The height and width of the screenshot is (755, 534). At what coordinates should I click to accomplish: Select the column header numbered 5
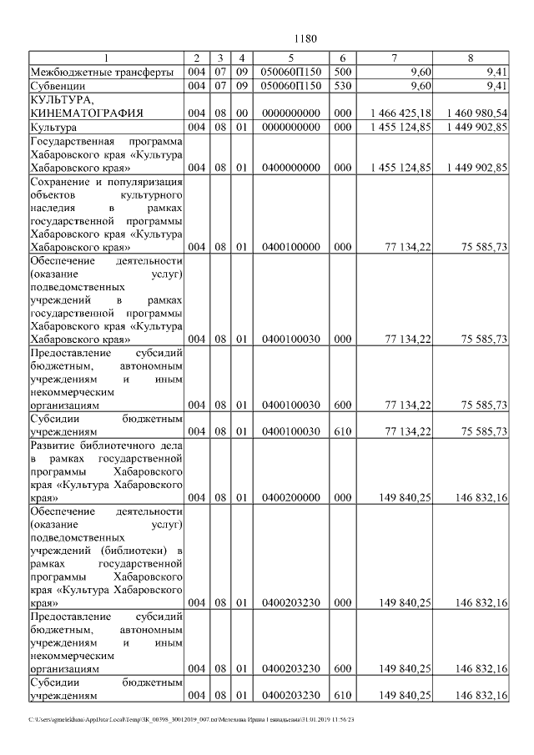tap(290, 58)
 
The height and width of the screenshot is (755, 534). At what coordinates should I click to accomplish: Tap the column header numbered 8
tap(471, 58)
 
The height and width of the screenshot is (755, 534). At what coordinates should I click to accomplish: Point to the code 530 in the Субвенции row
tap(343, 86)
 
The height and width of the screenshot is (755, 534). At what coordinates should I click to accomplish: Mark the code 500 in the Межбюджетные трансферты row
tap(343, 72)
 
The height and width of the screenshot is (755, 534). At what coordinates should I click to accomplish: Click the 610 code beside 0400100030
tap(343, 431)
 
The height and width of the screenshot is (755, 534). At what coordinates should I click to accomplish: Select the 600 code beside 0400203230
tap(343, 668)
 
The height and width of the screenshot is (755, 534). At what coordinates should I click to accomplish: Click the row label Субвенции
tap(57, 86)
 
